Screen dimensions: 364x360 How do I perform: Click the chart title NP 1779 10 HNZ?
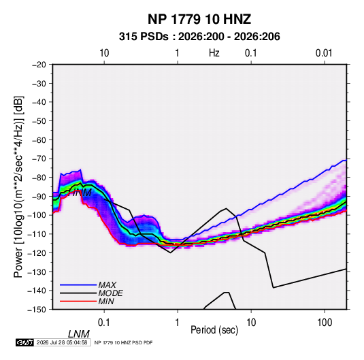199,19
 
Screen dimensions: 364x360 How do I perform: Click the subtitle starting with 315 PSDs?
199,37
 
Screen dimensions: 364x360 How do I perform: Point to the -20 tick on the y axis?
39,65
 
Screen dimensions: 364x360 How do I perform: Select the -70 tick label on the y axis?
39,159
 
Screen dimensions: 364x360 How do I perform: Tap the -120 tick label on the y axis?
37,252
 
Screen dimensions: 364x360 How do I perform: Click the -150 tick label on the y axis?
37,310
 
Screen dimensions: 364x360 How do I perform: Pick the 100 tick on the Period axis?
325,323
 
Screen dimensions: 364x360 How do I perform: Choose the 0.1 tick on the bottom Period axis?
104,323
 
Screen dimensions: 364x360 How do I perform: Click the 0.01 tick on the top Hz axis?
324,53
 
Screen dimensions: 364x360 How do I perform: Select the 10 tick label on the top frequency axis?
104,53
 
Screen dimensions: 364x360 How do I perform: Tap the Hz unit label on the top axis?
214,53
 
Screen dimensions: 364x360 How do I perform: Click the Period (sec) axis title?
214,330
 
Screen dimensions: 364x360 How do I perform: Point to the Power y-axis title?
18,187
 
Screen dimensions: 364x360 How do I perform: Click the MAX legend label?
107,284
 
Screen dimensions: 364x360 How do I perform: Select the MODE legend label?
110,293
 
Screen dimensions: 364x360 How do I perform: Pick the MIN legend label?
106,301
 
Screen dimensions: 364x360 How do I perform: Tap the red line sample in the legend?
78,301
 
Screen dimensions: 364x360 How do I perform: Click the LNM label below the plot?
79,334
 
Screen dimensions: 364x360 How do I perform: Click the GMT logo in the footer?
25,342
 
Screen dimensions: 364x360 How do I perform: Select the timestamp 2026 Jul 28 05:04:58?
62,342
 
